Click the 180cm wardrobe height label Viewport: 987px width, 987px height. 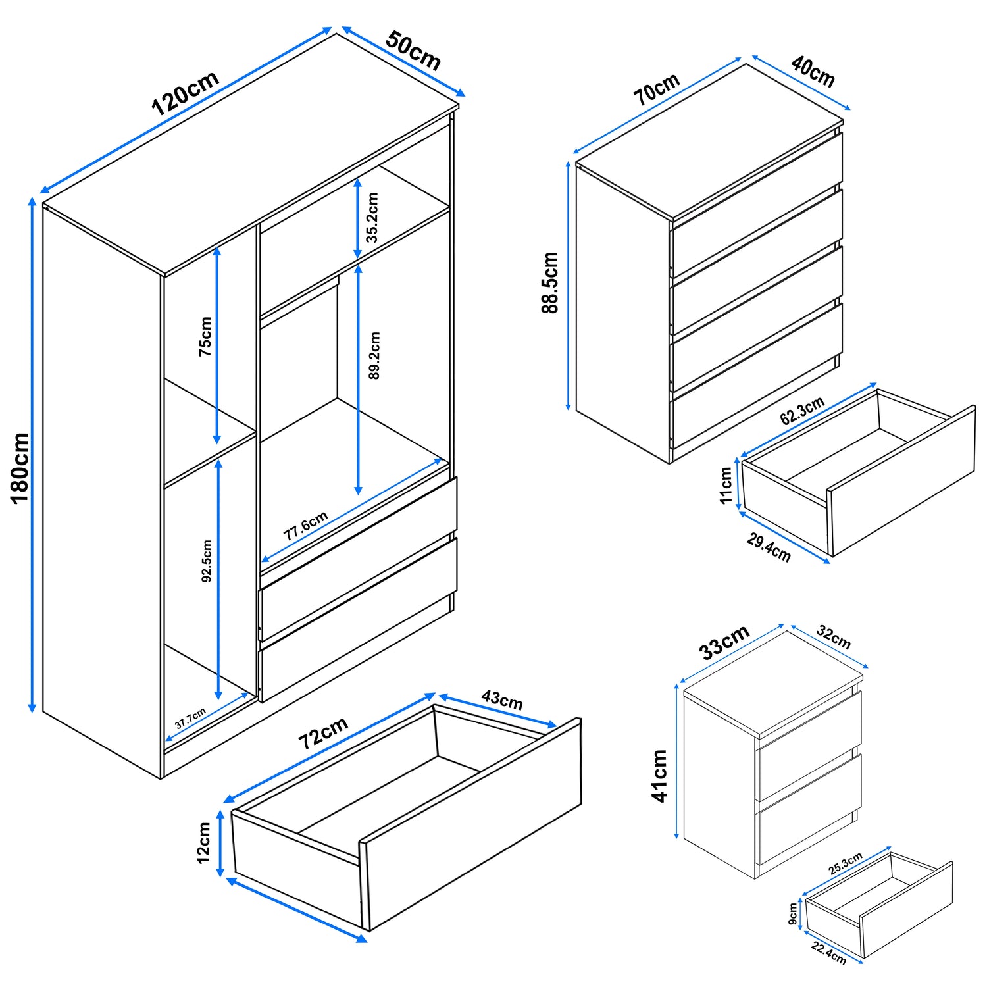tap(20, 467)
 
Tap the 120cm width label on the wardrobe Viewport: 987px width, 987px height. tap(185, 93)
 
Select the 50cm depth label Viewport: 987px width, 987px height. tap(413, 50)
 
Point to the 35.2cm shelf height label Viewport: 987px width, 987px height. tap(372, 217)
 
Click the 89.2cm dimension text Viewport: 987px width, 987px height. tap(374, 355)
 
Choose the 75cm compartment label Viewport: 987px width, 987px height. tap(206, 336)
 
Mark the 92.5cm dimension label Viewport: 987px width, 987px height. tap(207, 561)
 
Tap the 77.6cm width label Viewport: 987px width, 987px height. tap(305, 526)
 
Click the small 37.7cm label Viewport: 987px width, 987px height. tap(190, 718)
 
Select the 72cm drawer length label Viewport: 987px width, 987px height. tap(322, 733)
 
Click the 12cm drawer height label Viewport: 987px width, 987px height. tap(204, 842)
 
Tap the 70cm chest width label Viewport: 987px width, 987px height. tap(656, 89)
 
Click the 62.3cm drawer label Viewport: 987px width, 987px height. tap(801, 411)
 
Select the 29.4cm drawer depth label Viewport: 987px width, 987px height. tap(769, 547)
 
